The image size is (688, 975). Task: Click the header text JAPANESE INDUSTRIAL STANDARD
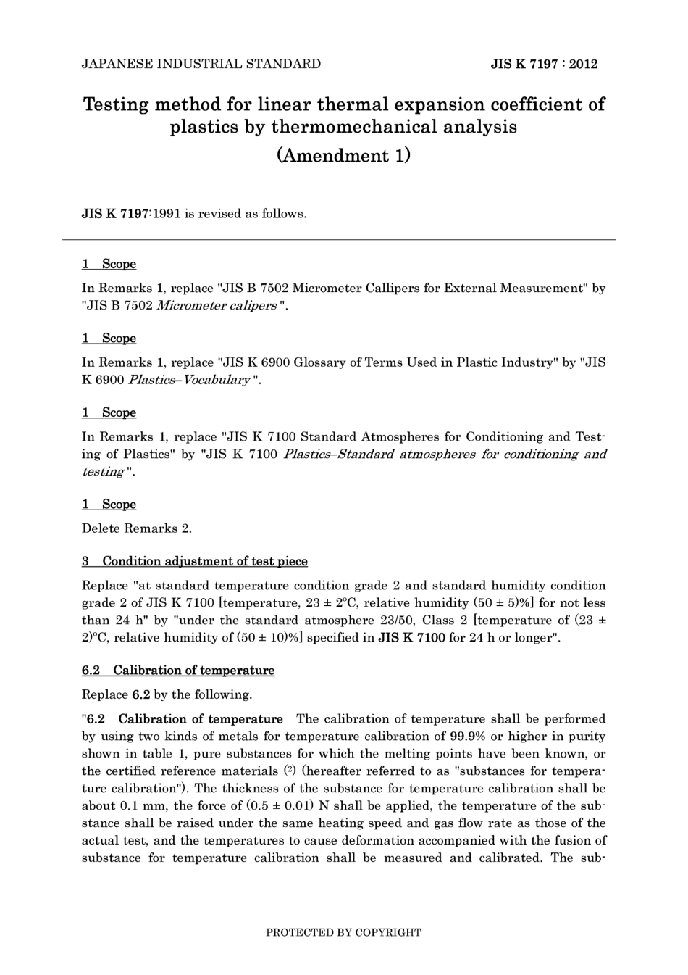click(x=201, y=64)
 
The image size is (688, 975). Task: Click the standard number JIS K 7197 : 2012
click(x=544, y=64)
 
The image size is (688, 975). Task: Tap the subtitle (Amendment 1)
click(x=343, y=155)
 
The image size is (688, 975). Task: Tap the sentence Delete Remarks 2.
click(x=137, y=528)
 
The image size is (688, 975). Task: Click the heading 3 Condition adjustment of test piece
click(x=195, y=561)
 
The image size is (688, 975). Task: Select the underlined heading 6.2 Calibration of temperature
click(x=178, y=671)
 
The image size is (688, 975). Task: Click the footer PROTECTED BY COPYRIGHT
click(x=343, y=932)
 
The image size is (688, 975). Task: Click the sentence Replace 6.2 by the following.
click(x=167, y=694)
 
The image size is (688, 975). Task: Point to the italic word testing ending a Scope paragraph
click(x=103, y=472)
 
